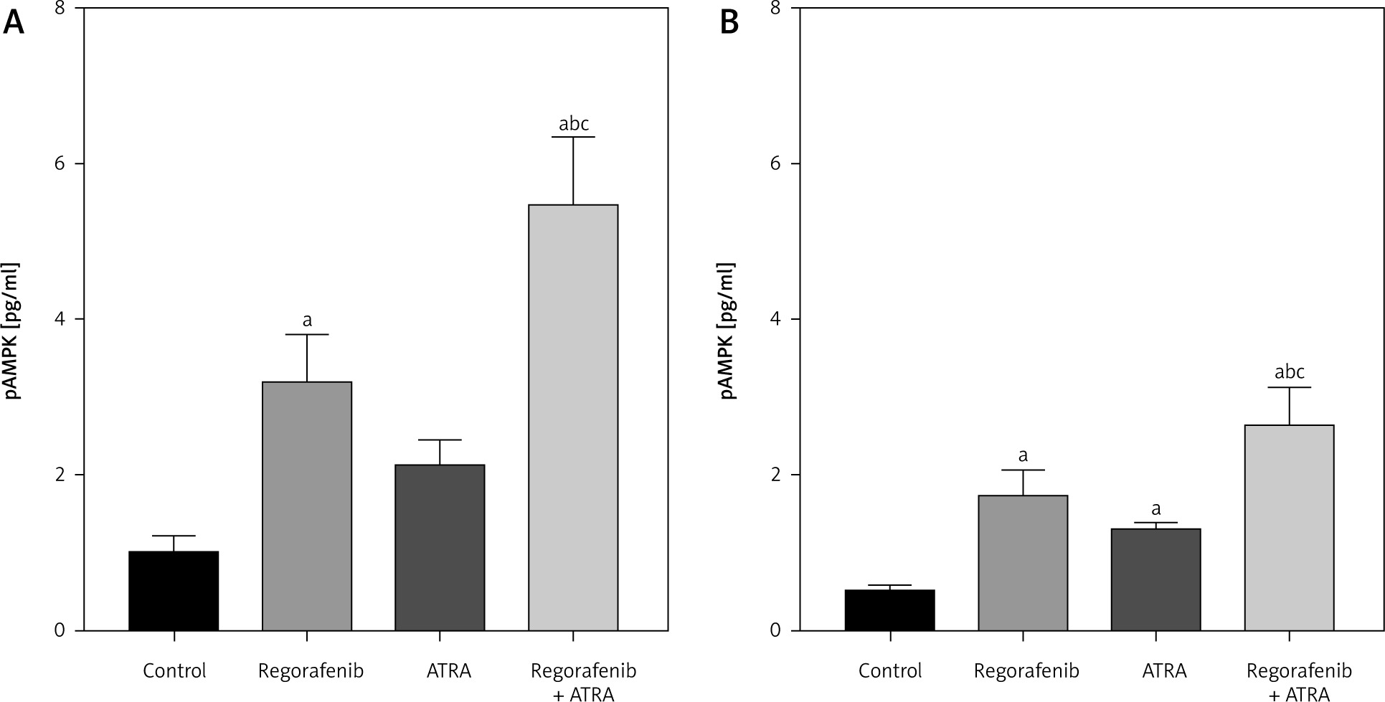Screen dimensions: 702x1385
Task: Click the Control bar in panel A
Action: [174, 591]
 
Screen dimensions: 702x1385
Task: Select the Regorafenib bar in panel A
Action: [307, 506]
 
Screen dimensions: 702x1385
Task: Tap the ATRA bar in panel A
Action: [440, 548]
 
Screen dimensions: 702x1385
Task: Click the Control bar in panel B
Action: [889, 610]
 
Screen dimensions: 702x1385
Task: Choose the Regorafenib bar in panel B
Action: [1023, 563]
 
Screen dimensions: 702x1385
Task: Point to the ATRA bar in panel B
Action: [1155, 579]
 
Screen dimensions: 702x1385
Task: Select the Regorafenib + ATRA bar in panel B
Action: [1289, 528]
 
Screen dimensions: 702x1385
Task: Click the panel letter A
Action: [14, 24]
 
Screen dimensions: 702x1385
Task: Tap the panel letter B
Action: [729, 24]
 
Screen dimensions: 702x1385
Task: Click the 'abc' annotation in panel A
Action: [574, 124]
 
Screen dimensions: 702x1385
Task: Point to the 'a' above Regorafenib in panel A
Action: [307, 321]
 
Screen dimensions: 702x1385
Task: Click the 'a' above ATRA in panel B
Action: [1156, 509]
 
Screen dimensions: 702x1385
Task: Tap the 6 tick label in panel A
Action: [59, 163]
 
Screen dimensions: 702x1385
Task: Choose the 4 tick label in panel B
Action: [775, 319]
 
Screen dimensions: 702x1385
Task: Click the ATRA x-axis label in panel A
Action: [449, 672]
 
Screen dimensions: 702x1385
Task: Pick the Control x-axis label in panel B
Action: [890, 672]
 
